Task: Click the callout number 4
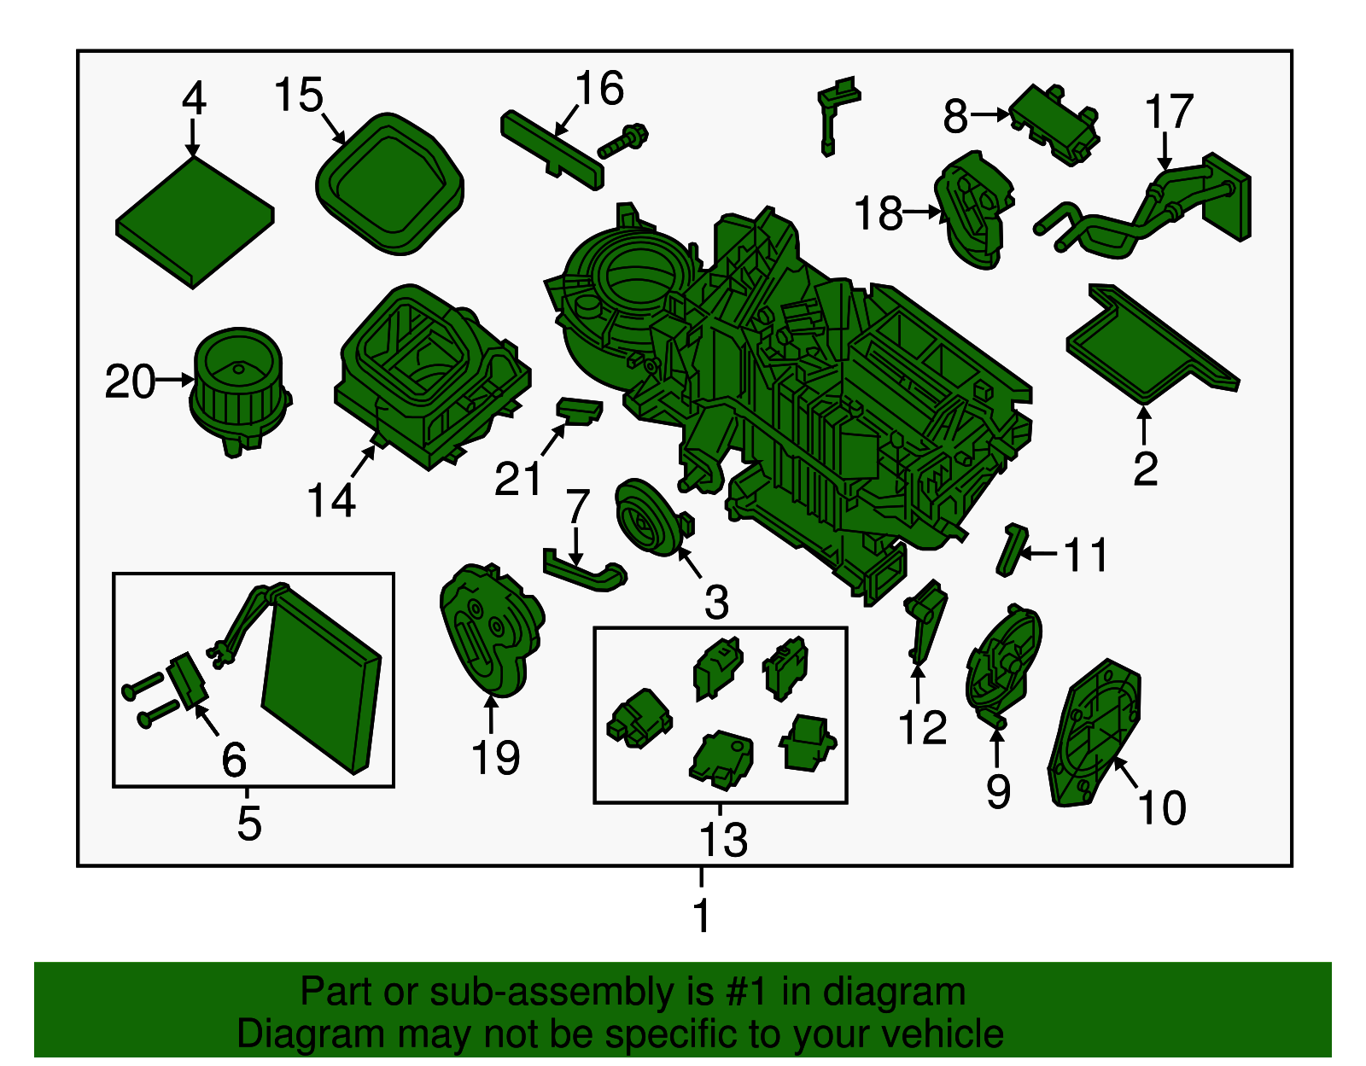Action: point(194,99)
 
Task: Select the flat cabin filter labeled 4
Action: point(195,223)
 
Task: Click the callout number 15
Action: point(299,96)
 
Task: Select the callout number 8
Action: point(955,117)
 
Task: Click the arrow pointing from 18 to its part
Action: point(922,213)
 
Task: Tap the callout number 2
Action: point(1146,469)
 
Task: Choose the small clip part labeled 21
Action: point(579,411)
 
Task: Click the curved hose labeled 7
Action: point(585,571)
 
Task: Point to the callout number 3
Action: point(716,602)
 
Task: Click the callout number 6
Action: point(234,760)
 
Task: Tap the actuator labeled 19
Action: point(492,630)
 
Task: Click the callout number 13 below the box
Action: point(723,840)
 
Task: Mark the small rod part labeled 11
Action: point(1012,549)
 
